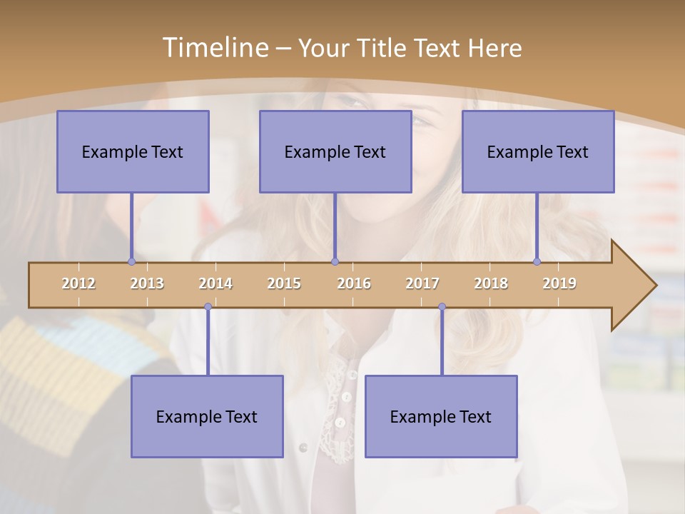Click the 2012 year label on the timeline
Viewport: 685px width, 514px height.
[x=78, y=283]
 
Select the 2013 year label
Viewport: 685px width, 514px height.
[x=147, y=283]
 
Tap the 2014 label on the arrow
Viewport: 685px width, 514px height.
[x=215, y=283]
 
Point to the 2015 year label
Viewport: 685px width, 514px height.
[x=284, y=283]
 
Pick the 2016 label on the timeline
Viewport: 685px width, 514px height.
[x=354, y=283]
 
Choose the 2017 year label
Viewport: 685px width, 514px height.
[x=422, y=283]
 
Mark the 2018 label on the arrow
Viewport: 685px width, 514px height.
[x=491, y=283]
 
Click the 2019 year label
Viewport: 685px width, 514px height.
[x=559, y=283]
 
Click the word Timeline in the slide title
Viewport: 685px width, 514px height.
[x=214, y=48]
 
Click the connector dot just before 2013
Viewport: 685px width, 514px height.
[x=131, y=261]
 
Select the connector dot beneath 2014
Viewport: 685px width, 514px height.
[x=208, y=307]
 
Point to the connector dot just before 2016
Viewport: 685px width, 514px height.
[x=335, y=261]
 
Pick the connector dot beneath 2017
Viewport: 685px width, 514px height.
[x=442, y=307]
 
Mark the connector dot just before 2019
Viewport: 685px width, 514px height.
[x=537, y=261]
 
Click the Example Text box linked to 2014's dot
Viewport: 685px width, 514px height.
[x=207, y=416]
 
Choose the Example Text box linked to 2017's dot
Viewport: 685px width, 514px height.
[x=441, y=416]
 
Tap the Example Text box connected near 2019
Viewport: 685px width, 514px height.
[x=538, y=151]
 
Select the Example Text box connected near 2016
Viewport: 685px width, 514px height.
[x=335, y=151]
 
